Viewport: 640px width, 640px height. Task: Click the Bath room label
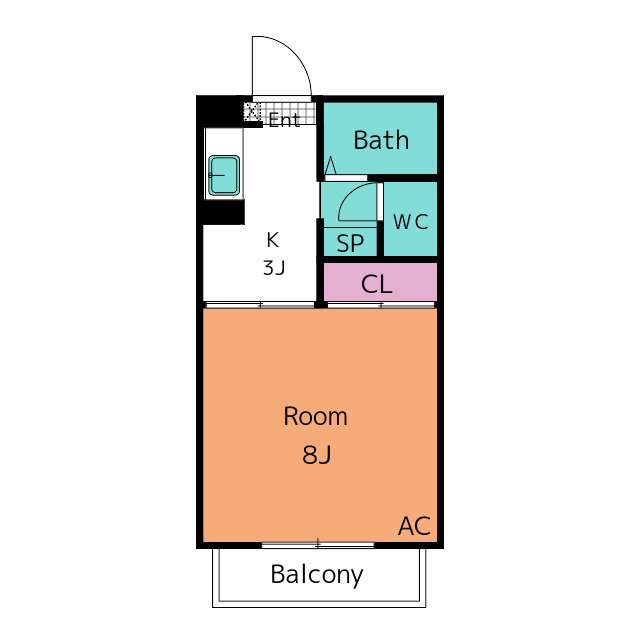[x=381, y=140]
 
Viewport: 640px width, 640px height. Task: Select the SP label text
[x=349, y=243]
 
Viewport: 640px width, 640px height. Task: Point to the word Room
[x=315, y=416]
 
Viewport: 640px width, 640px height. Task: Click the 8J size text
[x=316, y=456]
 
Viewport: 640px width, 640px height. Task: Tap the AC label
[x=414, y=526]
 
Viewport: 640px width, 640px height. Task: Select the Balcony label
[x=316, y=575]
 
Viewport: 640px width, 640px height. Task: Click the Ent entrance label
[x=284, y=121]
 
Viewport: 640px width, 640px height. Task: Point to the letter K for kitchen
[x=272, y=240]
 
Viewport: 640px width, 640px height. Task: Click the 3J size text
[x=274, y=268]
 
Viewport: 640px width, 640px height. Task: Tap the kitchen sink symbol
[x=223, y=176]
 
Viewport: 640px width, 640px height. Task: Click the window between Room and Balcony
[x=318, y=544]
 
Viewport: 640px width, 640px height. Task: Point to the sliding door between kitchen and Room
[x=260, y=303]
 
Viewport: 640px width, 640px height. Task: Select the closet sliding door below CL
[x=381, y=303]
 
